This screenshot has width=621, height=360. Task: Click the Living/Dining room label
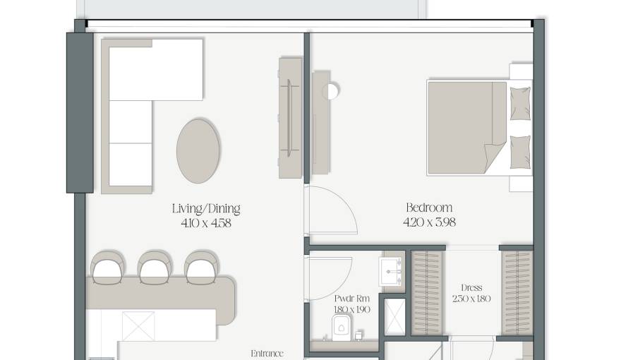coord(206,209)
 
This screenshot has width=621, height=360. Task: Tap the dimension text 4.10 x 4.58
coord(206,223)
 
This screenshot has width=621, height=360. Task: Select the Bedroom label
coord(429,208)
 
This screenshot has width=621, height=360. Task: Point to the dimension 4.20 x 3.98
coord(429,222)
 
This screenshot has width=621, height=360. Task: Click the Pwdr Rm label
coord(351,299)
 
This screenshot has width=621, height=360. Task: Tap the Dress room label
coord(471,288)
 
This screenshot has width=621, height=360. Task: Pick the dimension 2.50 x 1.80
coord(471,299)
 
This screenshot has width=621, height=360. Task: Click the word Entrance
coord(267,353)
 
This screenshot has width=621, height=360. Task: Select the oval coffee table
coord(198,151)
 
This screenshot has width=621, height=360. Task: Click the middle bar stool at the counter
coord(155,267)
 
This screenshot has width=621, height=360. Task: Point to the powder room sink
coord(390,272)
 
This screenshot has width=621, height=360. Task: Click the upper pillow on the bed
coord(520,103)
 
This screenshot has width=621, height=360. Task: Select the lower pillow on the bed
coord(520,152)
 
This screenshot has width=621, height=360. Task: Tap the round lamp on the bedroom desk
coord(331,91)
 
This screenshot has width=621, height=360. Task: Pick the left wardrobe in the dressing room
coord(428,293)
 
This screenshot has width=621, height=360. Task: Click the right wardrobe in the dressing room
coord(517,293)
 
